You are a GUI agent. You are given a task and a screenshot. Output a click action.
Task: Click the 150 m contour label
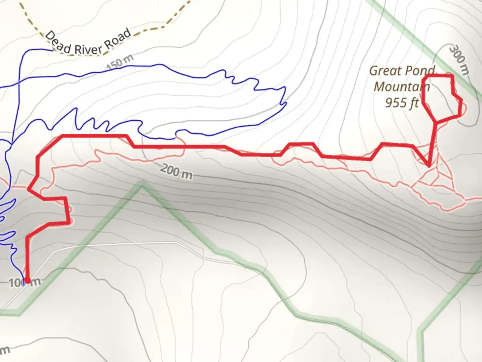click(x=120, y=62)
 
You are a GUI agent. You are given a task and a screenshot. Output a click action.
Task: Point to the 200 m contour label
click(x=176, y=171)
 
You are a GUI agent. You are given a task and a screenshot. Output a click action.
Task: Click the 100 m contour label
click(x=24, y=283)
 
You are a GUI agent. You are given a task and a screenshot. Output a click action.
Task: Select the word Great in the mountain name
click(x=385, y=71)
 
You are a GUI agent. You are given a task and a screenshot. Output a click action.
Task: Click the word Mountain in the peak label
click(x=401, y=87)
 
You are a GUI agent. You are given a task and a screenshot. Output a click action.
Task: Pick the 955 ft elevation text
click(x=401, y=103)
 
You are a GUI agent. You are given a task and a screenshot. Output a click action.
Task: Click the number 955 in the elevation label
click(x=396, y=103)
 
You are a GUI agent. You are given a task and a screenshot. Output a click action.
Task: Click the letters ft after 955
click(x=414, y=103)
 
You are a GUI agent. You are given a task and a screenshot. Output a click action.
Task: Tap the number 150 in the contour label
click(x=115, y=64)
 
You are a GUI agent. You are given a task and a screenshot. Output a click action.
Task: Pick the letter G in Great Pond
click(x=374, y=71)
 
